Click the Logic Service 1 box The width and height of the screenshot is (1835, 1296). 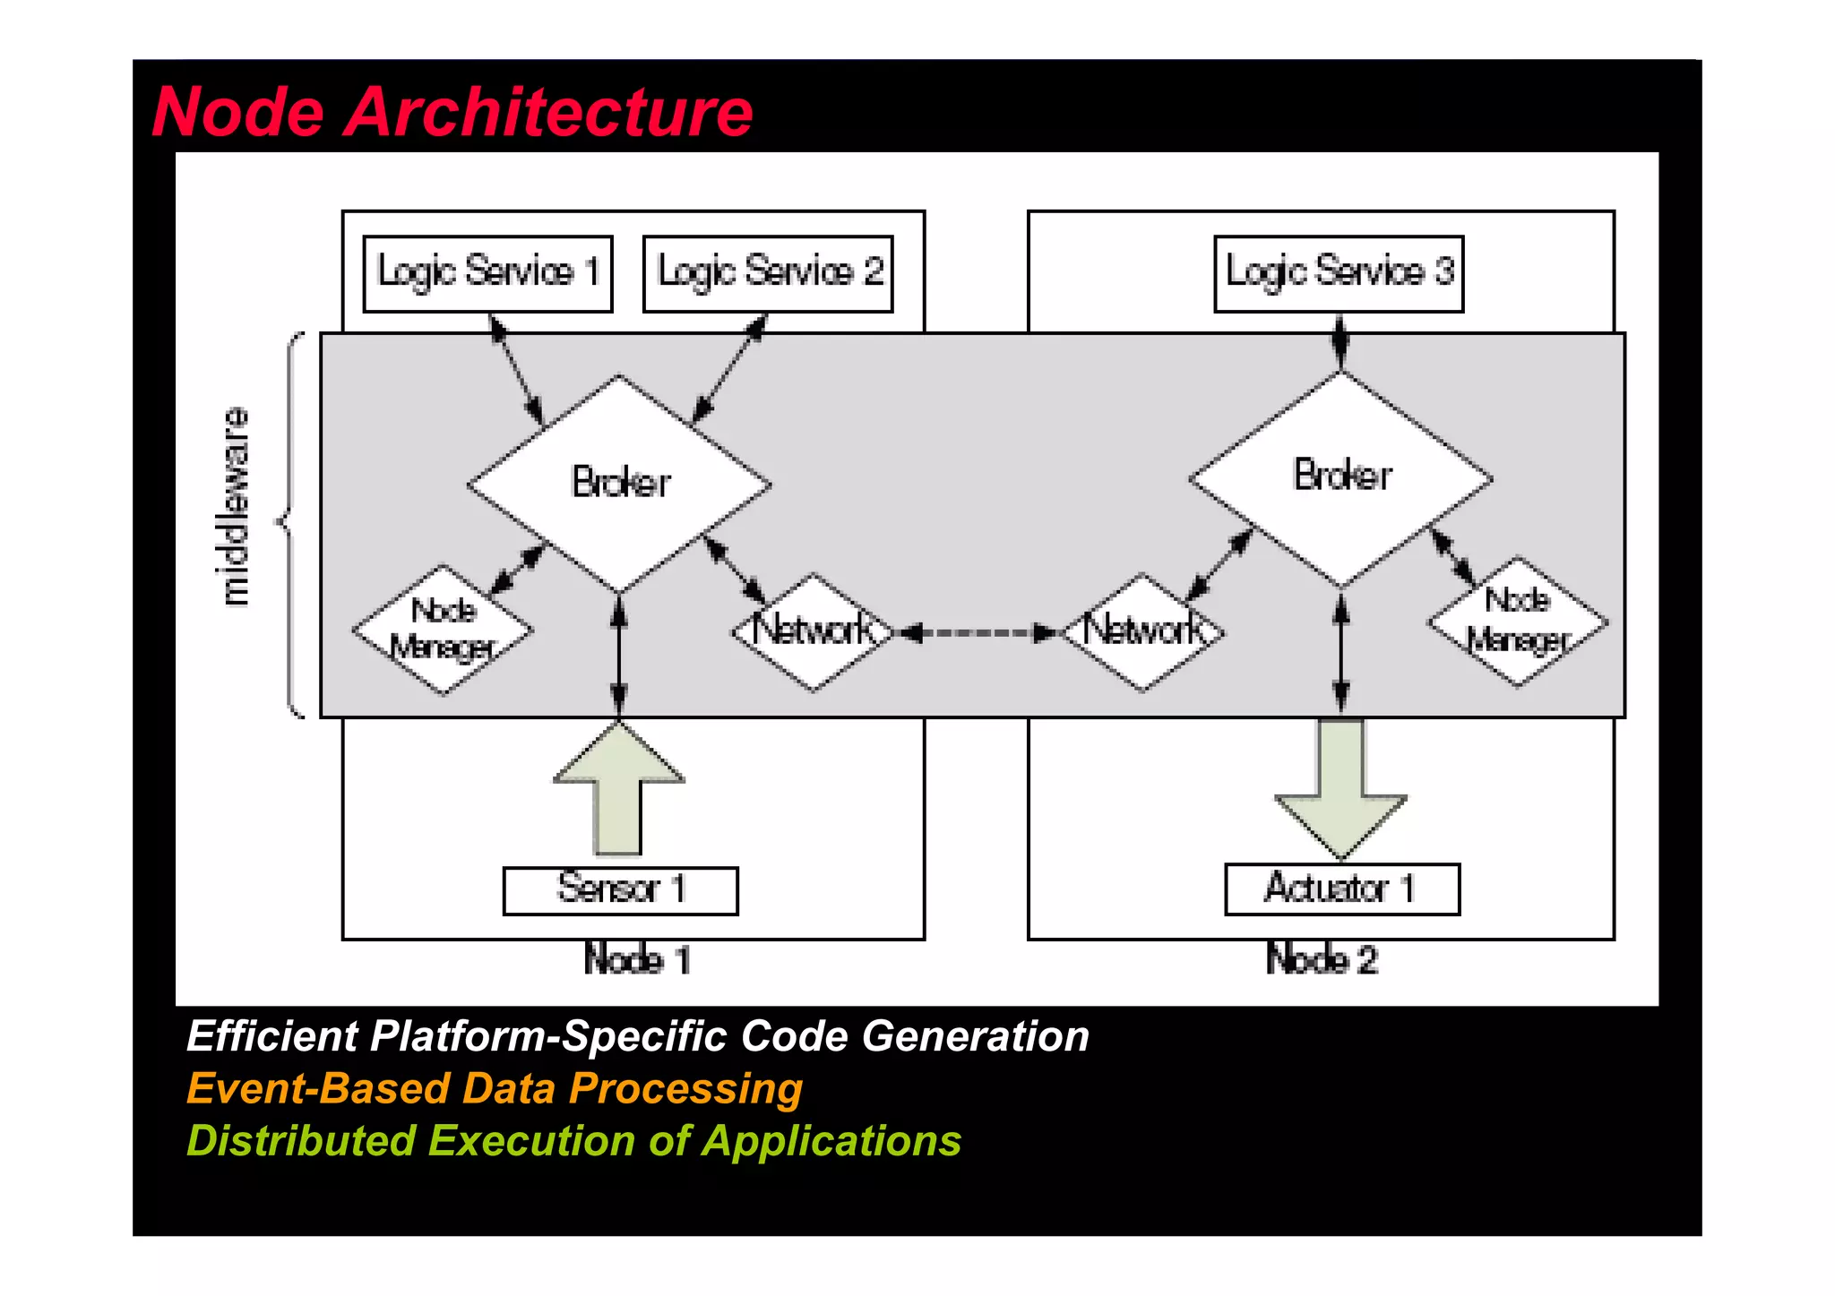pos(487,273)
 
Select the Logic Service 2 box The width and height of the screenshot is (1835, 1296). pos(768,273)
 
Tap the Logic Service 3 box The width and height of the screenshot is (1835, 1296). pos(1339,273)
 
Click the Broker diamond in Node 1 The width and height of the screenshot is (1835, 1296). pos(619,484)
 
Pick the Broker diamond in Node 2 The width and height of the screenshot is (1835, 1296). pos(1341,477)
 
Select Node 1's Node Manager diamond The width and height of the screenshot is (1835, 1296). pos(443,630)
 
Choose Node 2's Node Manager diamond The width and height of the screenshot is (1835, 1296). pos(1518,621)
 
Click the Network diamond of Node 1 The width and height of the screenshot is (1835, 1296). pos(813,631)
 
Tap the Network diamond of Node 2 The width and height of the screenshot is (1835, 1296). pos(1143,631)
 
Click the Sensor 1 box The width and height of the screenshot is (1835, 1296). pos(620,890)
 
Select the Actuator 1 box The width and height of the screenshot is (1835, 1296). pos(1341,888)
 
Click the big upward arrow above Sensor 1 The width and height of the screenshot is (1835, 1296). pos(618,788)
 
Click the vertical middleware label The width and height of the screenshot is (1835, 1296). pos(236,506)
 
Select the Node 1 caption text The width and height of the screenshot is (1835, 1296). pos(636,960)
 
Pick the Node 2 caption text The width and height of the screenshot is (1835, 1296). pos(1322,960)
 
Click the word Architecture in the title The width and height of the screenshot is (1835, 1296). pos(547,113)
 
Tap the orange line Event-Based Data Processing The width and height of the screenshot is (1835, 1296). pos(494,1089)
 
